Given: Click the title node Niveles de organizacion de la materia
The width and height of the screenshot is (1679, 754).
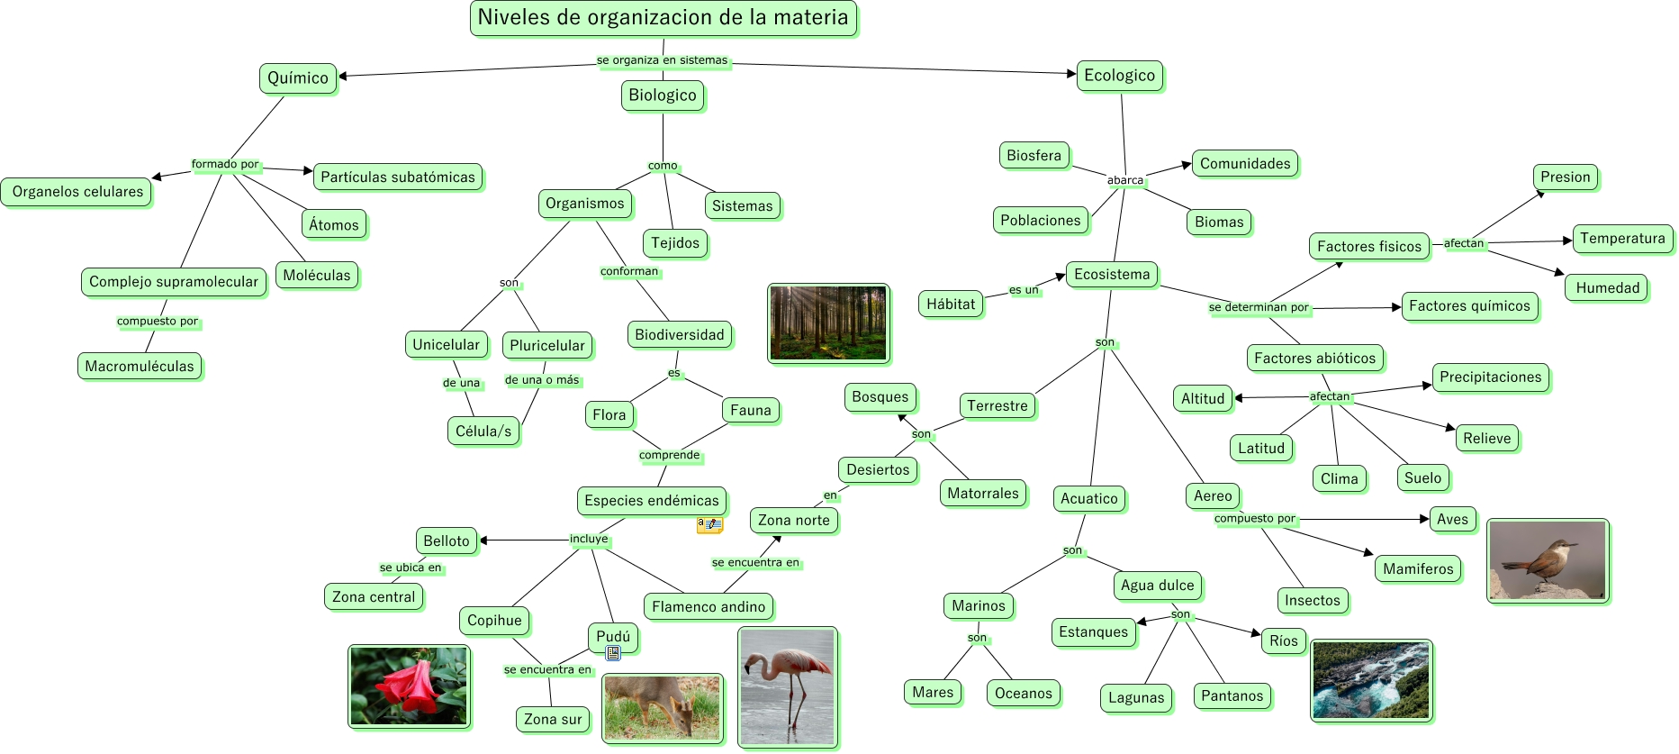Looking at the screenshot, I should point(663,18).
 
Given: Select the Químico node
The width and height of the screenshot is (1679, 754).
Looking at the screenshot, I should point(298,78).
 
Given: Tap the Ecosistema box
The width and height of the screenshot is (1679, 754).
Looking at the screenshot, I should point(1112,275).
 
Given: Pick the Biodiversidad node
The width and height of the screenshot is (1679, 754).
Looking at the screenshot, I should point(679,335).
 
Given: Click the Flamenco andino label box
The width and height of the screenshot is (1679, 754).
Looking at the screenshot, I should point(709,607).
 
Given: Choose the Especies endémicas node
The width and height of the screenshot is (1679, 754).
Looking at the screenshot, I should point(652,501).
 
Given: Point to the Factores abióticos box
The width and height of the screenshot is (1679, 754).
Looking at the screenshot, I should point(1314,359).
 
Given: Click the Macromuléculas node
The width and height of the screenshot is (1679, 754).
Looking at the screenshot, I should point(140,367).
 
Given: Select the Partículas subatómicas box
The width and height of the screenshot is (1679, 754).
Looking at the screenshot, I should point(398,177).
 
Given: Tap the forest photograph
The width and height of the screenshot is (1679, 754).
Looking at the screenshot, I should point(828,323).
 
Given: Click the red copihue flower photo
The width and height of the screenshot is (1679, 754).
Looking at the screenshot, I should point(410,686).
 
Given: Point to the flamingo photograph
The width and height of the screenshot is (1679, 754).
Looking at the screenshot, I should point(788,687).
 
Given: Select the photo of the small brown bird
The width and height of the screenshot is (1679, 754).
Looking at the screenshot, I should point(1547,560).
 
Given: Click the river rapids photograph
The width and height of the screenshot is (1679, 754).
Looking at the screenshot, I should point(1371,680).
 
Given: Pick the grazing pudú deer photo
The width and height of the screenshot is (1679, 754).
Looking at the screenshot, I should point(663,708).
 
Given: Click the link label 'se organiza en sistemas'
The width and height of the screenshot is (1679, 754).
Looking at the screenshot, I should point(662,60).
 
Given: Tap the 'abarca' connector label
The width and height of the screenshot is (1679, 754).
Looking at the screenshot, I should point(1125,180).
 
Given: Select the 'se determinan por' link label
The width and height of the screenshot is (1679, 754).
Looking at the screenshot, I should point(1259,307).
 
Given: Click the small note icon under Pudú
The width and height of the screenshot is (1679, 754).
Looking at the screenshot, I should point(613,653).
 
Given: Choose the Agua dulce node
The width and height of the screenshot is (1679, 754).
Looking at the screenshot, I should point(1157,586).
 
